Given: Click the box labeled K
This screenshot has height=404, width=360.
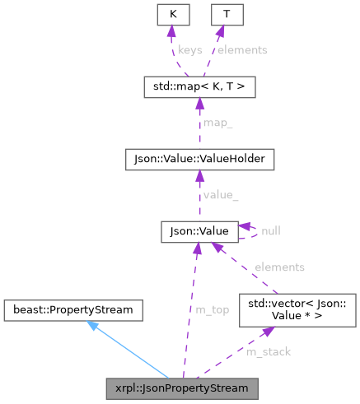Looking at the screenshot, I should [x=173, y=14].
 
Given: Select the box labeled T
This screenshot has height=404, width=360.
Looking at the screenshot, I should [x=220, y=14].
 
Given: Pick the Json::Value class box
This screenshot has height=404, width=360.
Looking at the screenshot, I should [x=200, y=231].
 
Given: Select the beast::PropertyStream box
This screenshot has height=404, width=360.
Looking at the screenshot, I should [x=73, y=310].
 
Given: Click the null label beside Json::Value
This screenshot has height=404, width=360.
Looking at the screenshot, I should [x=270, y=231].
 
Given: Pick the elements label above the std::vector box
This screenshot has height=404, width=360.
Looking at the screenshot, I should [x=279, y=267].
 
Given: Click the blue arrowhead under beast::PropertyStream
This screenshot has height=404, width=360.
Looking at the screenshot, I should [x=93, y=326].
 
